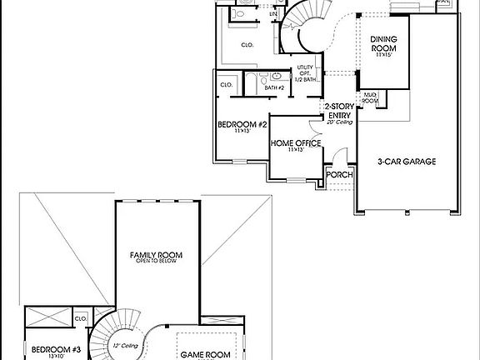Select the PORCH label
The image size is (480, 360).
click(338, 175)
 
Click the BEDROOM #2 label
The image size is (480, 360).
click(242, 125)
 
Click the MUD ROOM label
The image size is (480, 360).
click(370, 98)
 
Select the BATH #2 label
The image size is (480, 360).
click(276, 87)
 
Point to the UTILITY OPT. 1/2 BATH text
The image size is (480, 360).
click(306, 73)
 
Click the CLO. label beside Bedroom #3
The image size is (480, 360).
click(81, 318)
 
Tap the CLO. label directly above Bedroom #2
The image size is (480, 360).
click(226, 85)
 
